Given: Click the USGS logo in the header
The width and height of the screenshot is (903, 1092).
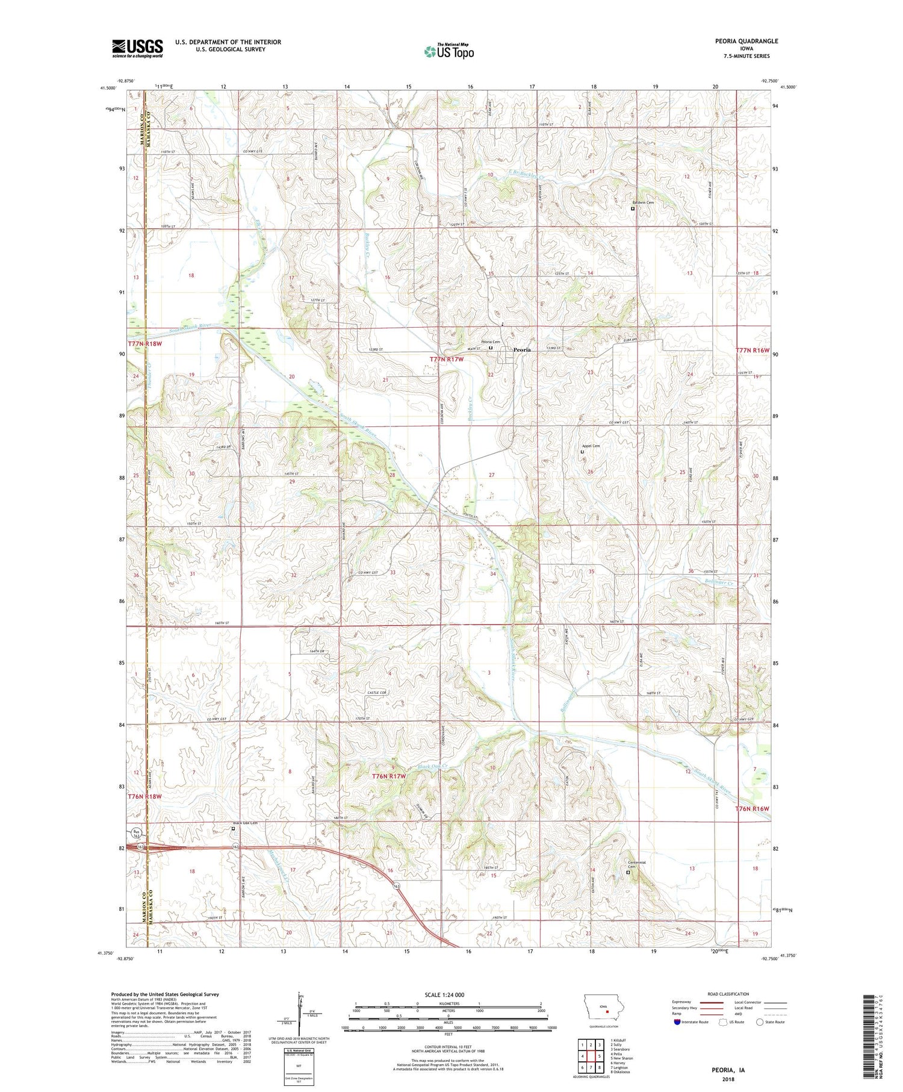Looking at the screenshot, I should [137, 48].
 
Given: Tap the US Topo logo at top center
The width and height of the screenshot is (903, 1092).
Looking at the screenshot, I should [448, 51].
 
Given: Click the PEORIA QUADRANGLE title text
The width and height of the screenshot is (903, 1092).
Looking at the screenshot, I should [743, 41].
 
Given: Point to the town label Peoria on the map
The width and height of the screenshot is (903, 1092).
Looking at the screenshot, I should [522, 349].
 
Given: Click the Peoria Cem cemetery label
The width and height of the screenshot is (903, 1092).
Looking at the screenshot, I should [491, 342].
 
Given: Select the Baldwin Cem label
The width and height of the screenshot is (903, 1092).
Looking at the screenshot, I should [642, 202].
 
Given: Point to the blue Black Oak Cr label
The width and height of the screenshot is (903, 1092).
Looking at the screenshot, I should [433, 767].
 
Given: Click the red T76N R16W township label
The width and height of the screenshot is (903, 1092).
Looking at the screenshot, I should [752, 808].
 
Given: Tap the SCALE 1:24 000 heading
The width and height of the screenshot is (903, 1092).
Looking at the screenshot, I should [448, 994].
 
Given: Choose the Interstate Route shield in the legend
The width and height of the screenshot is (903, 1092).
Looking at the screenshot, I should [677, 1022].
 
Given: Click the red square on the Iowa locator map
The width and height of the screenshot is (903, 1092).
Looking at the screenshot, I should [607, 1012].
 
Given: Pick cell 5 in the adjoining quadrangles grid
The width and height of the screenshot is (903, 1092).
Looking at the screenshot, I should [600, 1056].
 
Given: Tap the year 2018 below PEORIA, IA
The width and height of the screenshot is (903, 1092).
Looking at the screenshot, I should [729, 1079].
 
